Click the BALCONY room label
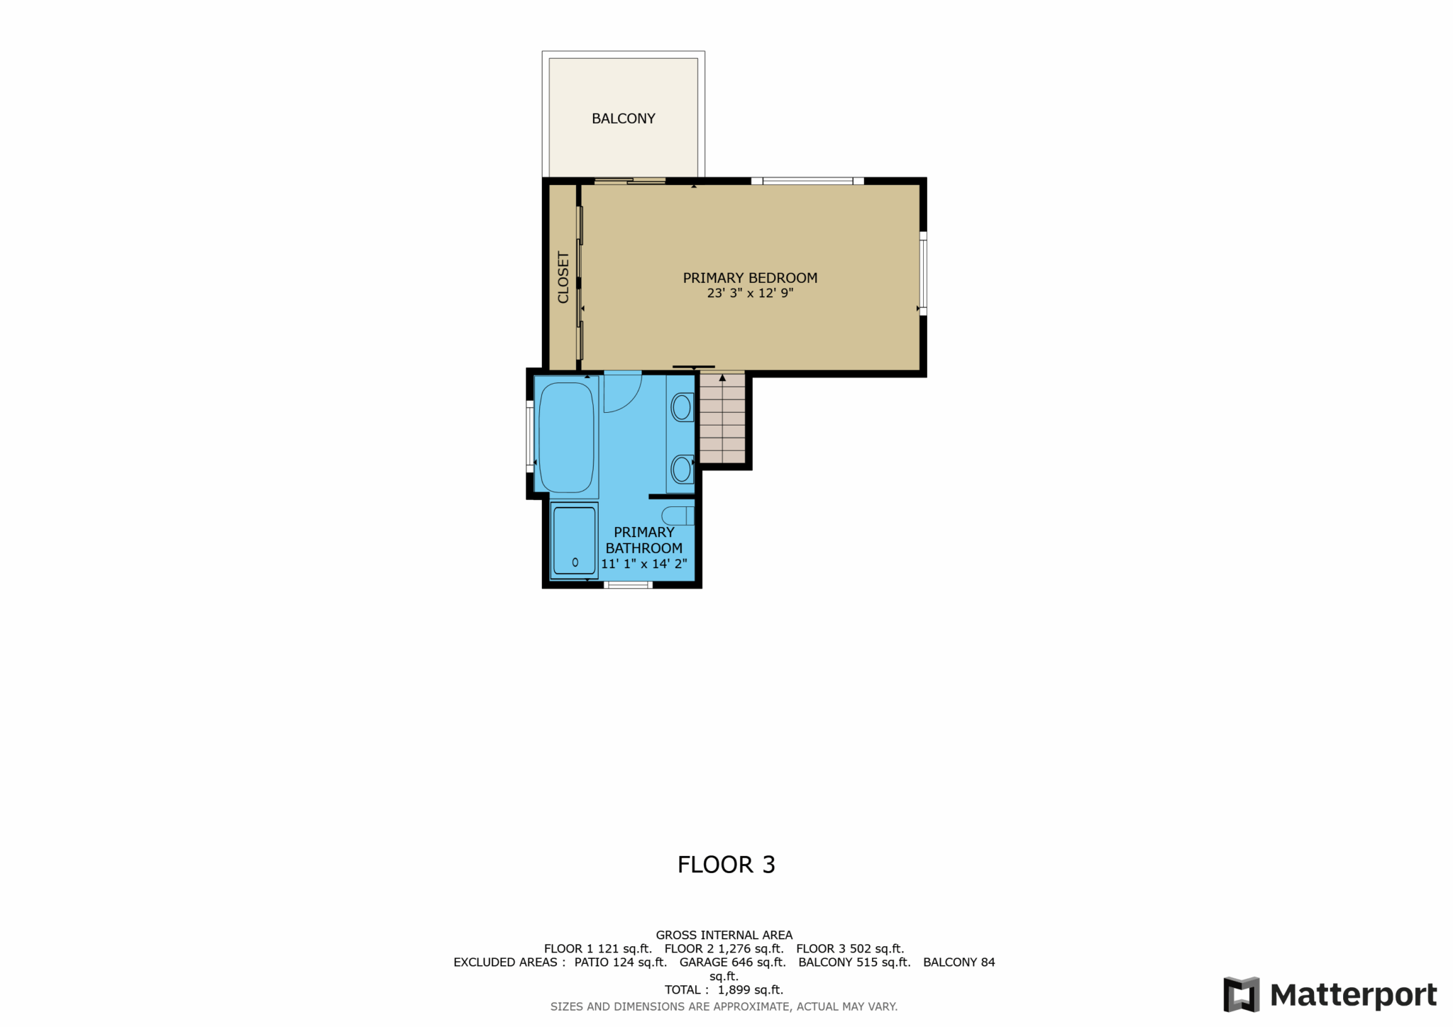tap(623, 118)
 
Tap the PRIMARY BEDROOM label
tap(750, 278)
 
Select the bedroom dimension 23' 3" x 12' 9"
tap(750, 293)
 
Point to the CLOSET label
tap(563, 277)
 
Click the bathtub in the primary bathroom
tap(566, 438)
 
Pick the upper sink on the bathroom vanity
tap(682, 407)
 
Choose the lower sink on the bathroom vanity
tap(682, 469)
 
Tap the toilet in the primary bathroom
tap(678, 516)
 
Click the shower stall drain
tap(575, 562)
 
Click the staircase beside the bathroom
tap(722, 418)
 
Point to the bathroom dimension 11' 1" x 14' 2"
tap(644, 564)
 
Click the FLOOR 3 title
tap(726, 865)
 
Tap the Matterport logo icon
tap(1241, 994)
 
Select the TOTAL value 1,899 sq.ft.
tap(751, 989)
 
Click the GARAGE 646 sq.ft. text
tap(733, 962)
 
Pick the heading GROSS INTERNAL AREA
tap(724, 936)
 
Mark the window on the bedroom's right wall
tap(923, 273)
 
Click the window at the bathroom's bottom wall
tap(628, 584)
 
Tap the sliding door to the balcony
tap(630, 181)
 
